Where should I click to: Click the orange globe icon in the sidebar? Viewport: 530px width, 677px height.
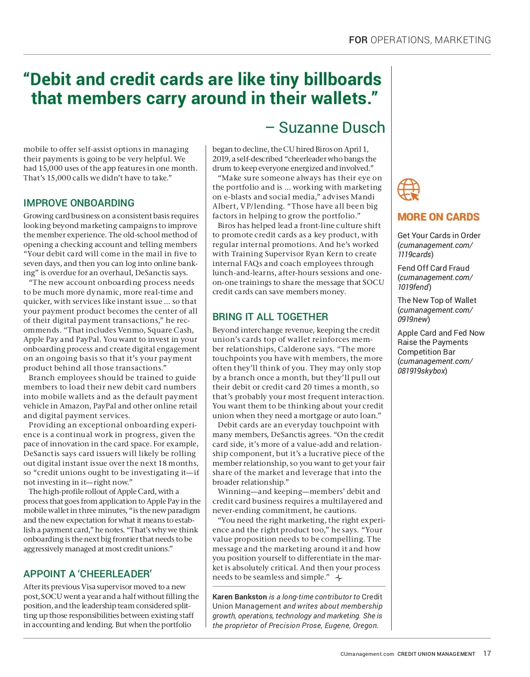tap(409, 190)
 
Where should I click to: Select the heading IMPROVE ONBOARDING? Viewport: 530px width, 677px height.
tap(79, 203)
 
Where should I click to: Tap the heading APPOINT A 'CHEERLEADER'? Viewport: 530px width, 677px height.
tap(87, 574)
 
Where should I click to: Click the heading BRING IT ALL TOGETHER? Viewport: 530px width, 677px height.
tap(270, 317)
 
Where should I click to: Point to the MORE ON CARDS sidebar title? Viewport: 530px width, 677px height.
tap(438, 217)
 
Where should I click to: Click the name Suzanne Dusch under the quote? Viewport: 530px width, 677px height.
tap(332, 127)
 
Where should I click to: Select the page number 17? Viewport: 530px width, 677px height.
tap(487, 654)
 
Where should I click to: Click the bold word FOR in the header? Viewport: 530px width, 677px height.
tap(358, 40)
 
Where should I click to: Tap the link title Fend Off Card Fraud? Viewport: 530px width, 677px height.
tap(433, 268)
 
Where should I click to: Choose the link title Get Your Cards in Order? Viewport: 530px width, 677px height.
tap(439, 236)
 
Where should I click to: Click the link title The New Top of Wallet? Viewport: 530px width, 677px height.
tap(437, 300)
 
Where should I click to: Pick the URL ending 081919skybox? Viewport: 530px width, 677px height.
tap(422, 371)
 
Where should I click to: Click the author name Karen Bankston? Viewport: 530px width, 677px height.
tap(239, 597)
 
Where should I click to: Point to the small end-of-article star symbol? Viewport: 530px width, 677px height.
tap(339, 578)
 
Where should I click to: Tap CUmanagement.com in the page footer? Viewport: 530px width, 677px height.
tap(367, 654)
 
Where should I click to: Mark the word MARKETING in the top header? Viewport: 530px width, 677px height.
tap(462, 40)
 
